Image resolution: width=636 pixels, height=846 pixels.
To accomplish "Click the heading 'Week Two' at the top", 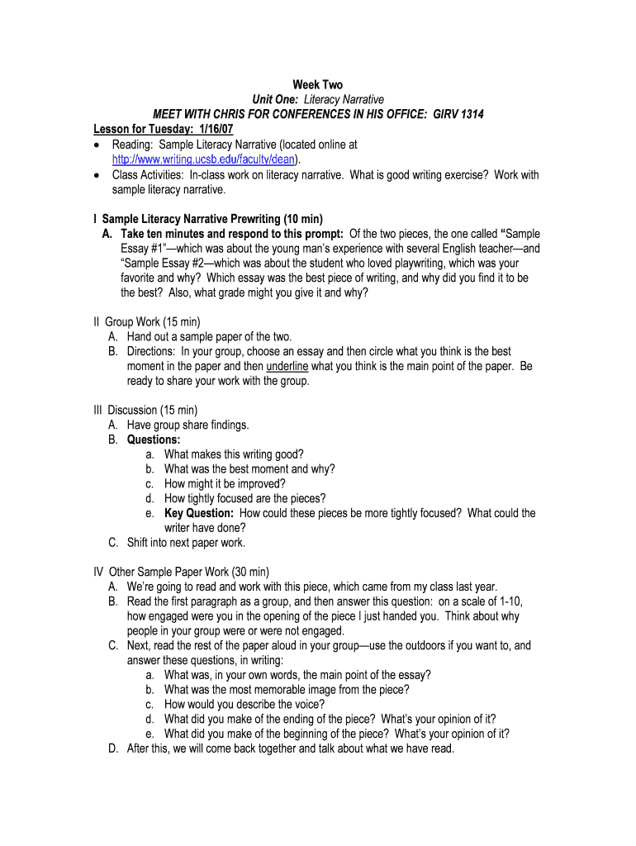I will [317, 85].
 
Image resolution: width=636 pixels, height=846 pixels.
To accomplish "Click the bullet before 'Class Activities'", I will [97, 175].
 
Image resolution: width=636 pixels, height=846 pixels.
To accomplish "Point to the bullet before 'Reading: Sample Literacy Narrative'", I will [97, 145].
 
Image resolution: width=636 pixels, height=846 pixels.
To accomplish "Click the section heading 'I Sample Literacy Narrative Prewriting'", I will [207, 219].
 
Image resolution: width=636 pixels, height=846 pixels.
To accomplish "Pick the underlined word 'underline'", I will [287, 366].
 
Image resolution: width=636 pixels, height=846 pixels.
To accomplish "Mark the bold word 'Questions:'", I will [154, 440].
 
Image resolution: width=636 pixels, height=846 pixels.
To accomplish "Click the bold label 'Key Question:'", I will [199, 513].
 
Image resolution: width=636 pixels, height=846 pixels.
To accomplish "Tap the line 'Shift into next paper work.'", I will [186, 543].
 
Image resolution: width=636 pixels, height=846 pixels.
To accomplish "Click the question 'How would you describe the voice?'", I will [244, 705].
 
